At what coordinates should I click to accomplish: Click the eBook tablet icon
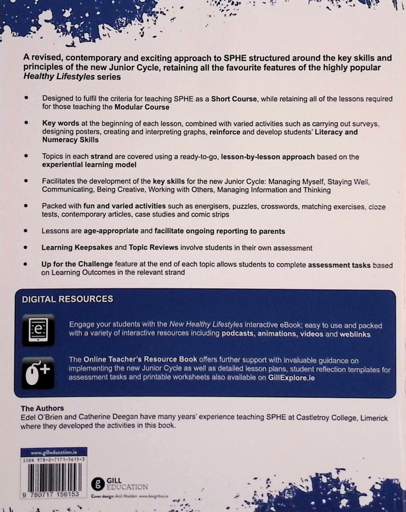point(38,330)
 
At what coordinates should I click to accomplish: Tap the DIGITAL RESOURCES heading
point(67,299)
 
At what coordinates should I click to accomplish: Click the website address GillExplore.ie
point(291,378)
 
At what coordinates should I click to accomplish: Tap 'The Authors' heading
point(42,408)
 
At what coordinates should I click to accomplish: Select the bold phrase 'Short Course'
point(234,99)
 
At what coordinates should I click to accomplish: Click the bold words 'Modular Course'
point(142,107)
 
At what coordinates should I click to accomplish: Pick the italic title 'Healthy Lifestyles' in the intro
point(59,77)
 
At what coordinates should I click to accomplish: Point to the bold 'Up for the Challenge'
point(77,264)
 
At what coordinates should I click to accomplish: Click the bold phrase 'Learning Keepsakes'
point(77,248)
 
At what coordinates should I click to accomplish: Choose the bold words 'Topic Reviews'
point(154,248)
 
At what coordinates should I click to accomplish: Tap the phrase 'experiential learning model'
point(89,165)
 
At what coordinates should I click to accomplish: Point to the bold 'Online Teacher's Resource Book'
point(140,359)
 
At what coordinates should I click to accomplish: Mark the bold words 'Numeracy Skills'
point(70,140)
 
